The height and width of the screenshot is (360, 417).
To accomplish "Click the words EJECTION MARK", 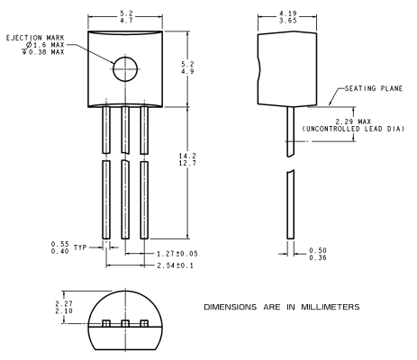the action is pyautogui.click(x=35, y=38).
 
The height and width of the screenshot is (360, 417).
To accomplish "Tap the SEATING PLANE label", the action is pyautogui.click(x=374, y=88).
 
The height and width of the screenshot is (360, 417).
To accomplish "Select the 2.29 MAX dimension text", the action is pyautogui.click(x=353, y=121).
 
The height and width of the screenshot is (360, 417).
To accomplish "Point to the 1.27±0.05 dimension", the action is pyautogui.click(x=177, y=254).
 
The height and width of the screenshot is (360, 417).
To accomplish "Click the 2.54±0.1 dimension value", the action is pyautogui.click(x=176, y=265).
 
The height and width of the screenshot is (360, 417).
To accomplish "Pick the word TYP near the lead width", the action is pyautogui.click(x=80, y=247).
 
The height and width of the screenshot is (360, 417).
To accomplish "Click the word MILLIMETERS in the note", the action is pyautogui.click(x=331, y=307).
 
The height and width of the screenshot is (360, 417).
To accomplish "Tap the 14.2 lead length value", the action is pyautogui.click(x=187, y=156).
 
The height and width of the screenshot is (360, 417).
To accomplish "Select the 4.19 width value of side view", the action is pyautogui.click(x=288, y=13).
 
